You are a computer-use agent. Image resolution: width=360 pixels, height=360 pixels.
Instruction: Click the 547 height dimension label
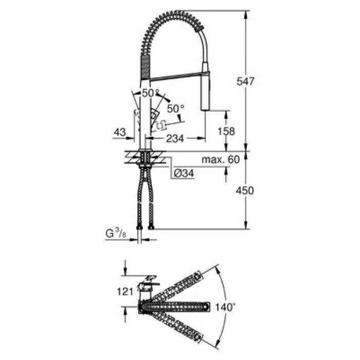245,81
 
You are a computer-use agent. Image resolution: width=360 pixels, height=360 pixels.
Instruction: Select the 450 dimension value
245,191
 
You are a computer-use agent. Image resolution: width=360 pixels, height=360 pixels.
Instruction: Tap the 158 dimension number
226,131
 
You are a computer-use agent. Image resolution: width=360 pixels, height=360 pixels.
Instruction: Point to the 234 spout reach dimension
175,138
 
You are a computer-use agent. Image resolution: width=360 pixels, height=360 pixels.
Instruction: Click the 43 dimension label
120,132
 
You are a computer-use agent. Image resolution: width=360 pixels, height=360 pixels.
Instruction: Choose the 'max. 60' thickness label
221,159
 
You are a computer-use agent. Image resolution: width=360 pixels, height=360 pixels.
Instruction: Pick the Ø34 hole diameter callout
184,173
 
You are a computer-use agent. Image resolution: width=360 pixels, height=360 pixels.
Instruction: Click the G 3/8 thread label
116,233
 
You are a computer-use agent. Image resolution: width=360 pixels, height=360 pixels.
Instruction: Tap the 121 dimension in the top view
125,292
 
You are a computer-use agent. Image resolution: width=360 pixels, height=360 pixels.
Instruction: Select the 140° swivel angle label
225,307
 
